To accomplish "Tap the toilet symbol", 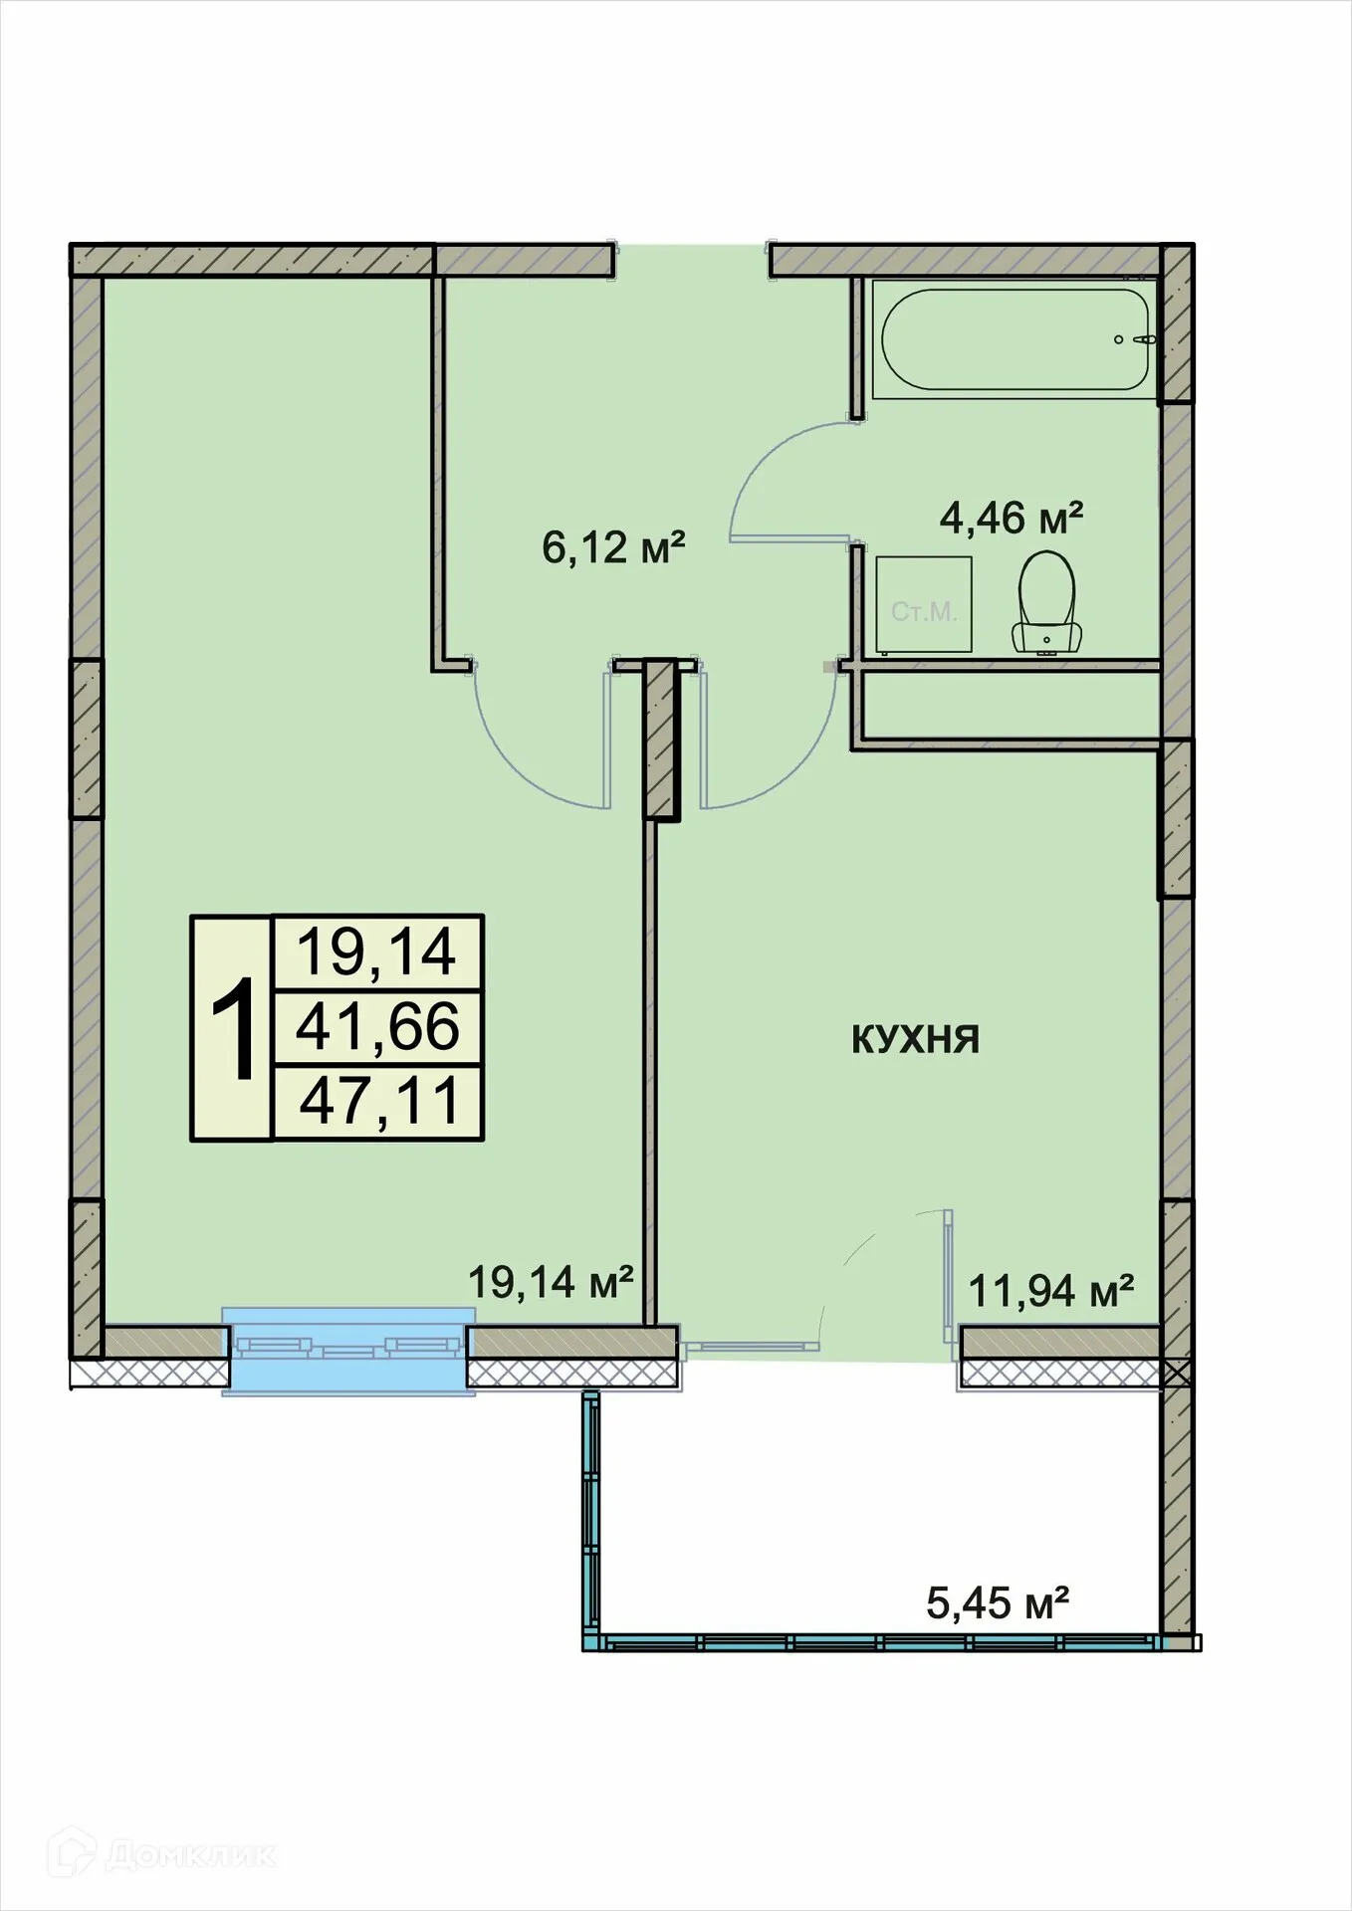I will pyautogui.click(x=1046, y=603).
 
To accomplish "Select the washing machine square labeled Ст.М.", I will pyautogui.click(x=924, y=605).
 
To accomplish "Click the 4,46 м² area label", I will pyautogui.click(x=1012, y=519).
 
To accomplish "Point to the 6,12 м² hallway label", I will pyautogui.click(x=613, y=547).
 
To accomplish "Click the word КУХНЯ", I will pyautogui.click(x=915, y=1040).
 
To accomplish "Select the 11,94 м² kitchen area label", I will pyautogui.click(x=1051, y=1292).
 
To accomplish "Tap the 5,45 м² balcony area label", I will pyautogui.click(x=998, y=1602).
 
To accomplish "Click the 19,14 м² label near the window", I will pyautogui.click(x=551, y=1282).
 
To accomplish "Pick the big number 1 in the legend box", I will pyautogui.click(x=233, y=1029).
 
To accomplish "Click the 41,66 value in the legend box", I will pyautogui.click(x=378, y=1028).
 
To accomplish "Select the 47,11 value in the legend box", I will pyautogui.click(x=378, y=1103).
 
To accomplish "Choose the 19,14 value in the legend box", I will pyautogui.click(x=377, y=953).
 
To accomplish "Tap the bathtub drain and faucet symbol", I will pyautogui.click(x=1135, y=339).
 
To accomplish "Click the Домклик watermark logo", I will pyautogui.click(x=165, y=1854).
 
